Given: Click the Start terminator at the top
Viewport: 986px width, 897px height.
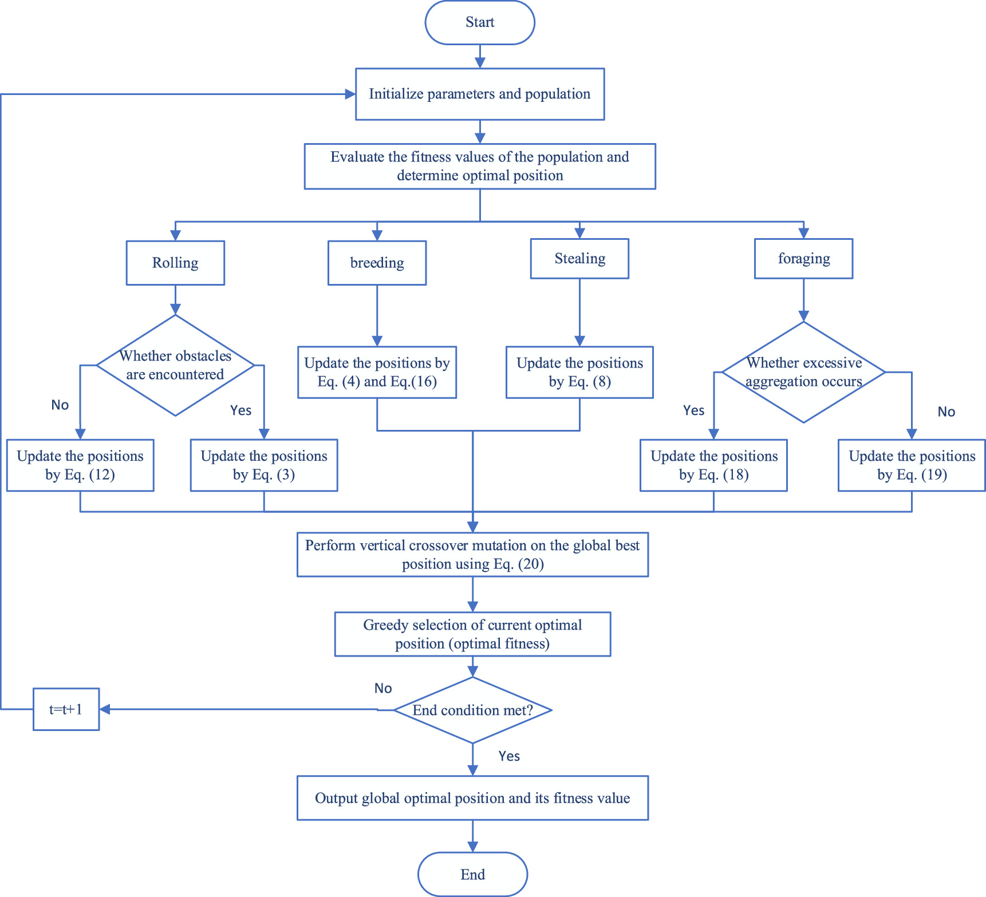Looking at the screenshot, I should (x=480, y=22).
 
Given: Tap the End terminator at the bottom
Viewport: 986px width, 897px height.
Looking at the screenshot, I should (x=472, y=874).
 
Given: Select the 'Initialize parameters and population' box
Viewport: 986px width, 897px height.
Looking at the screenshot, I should (x=480, y=94).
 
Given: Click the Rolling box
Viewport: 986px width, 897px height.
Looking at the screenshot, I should (x=175, y=263).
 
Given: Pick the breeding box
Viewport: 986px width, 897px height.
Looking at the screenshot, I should (x=377, y=263).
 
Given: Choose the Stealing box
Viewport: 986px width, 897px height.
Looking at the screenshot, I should (x=579, y=259).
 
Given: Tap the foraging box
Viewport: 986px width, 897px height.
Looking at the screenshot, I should (x=803, y=259).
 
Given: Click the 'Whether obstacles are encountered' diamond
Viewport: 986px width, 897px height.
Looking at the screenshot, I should (x=175, y=365).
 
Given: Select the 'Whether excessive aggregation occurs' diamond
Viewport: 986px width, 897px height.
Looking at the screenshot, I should (x=803, y=372).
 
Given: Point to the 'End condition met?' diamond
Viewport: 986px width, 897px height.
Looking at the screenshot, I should (x=472, y=710).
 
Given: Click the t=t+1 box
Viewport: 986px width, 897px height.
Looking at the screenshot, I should (x=66, y=709).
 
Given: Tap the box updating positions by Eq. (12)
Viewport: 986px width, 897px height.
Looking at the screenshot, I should (x=80, y=465).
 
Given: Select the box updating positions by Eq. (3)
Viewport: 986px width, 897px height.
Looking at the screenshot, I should (x=264, y=465).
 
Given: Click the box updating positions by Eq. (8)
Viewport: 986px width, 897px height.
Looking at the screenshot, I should (x=579, y=372).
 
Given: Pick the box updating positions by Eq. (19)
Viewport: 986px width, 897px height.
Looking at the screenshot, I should (x=912, y=465).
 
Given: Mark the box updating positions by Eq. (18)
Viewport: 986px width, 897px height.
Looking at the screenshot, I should (x=713, y=465).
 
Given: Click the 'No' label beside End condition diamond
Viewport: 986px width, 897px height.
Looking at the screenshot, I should (x=383, y=688).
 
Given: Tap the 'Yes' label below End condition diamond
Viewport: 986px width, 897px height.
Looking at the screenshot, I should (x=509, y=756).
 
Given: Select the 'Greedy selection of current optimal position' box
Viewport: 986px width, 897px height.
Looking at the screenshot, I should (x=472, y=634).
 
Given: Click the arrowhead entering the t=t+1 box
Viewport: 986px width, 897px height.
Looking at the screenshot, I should (x=105, y=709).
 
